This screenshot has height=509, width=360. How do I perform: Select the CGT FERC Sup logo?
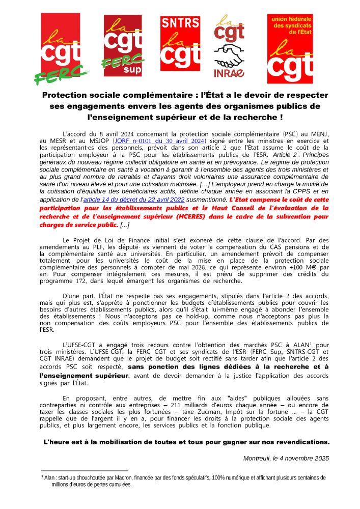(123, 48)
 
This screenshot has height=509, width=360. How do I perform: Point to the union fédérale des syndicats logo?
(290, 48)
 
